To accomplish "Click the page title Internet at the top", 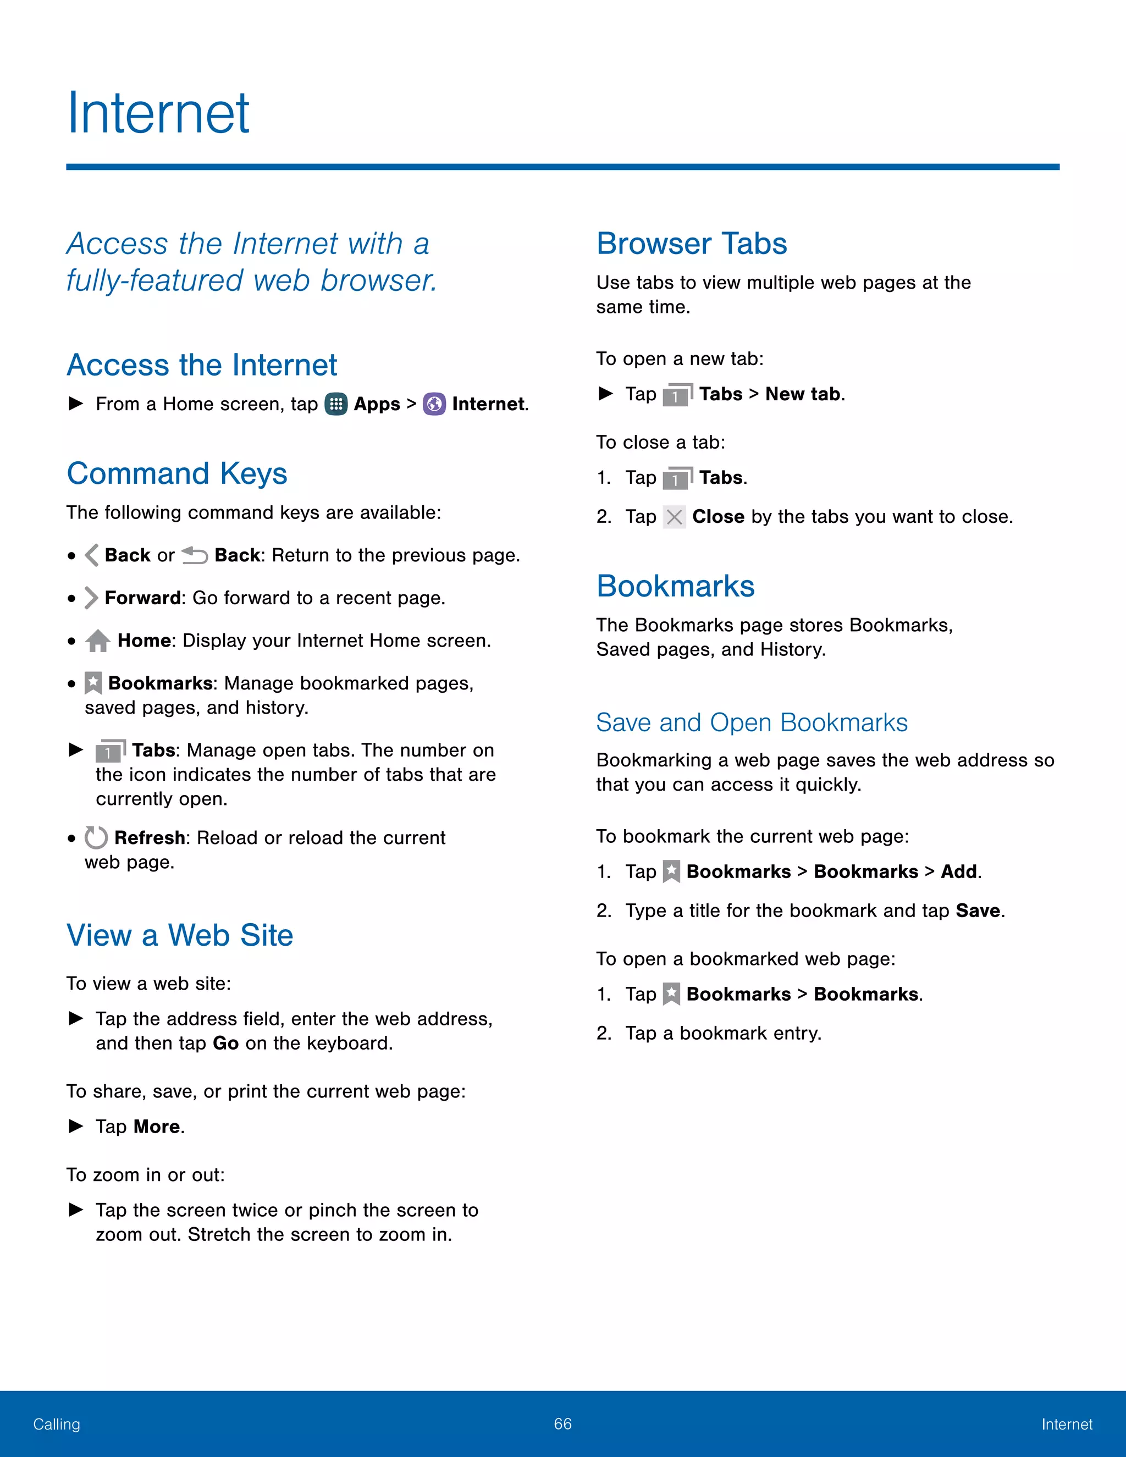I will click(x=158, y=113).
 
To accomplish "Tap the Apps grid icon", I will click(x=335, y=404).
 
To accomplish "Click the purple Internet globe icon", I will click(x=434, y=404).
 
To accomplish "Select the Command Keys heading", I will click(x=177, y=473).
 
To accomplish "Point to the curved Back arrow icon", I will click(x=195, y=555).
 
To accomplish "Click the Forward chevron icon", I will click(x=91, y=598).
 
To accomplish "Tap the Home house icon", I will click(x=98, y=641).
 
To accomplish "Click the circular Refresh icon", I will click(x=96, y=838).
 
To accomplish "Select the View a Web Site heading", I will click(x=179, y=935).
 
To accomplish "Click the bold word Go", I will click(x=225, y=1044).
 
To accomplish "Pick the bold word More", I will click(x=157, y=1127).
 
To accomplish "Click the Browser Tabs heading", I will click(x=692, y=244).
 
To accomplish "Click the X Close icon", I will click(x=675, y=517).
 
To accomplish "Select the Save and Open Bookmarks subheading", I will click(x=752, y=722).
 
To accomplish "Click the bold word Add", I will click(x=959, y=872).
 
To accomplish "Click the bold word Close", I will click(x=717, y=517).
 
